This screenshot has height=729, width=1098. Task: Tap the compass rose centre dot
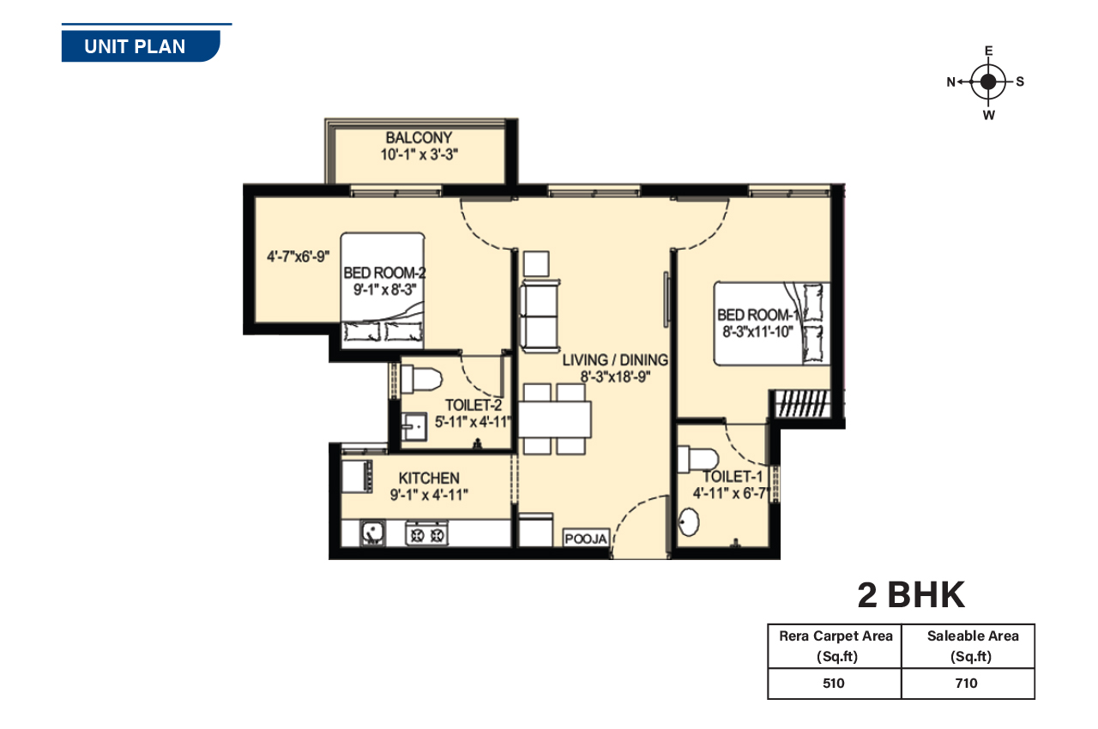[x=988, y=82]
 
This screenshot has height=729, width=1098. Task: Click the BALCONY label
[x=419, y=138]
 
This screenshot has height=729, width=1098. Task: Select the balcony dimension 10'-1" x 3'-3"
[x=419, y=155]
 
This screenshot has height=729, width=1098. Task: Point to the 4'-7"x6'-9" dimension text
[x=298, y=256]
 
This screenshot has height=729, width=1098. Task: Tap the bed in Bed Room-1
[x=770, y=322]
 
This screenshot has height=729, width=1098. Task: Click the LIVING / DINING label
[x=615, y=360]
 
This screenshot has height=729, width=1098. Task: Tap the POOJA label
[x=586, y=539]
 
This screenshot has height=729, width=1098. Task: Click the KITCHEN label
[x=429, y=478]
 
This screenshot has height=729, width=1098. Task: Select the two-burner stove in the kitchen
[x=426, y=533]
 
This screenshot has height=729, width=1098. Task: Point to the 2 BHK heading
[x=911, y=594]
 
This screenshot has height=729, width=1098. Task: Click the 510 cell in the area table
[x=834, y=684]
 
